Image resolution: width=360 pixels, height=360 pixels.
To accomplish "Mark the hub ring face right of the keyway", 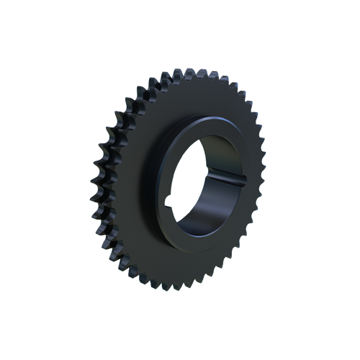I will pos(249,180).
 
